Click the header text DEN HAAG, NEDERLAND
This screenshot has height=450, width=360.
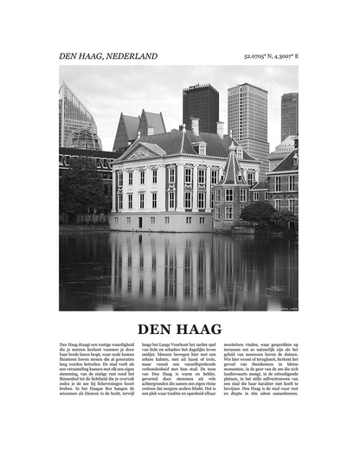pos(108,56)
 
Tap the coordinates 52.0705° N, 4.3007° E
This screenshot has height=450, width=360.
pos(272,56)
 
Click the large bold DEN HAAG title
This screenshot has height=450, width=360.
pos(180,329)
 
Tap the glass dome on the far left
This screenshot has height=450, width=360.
pos(84,138)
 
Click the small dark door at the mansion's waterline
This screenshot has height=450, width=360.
pos(139,222)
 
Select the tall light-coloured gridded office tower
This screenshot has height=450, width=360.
pos(247,117)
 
